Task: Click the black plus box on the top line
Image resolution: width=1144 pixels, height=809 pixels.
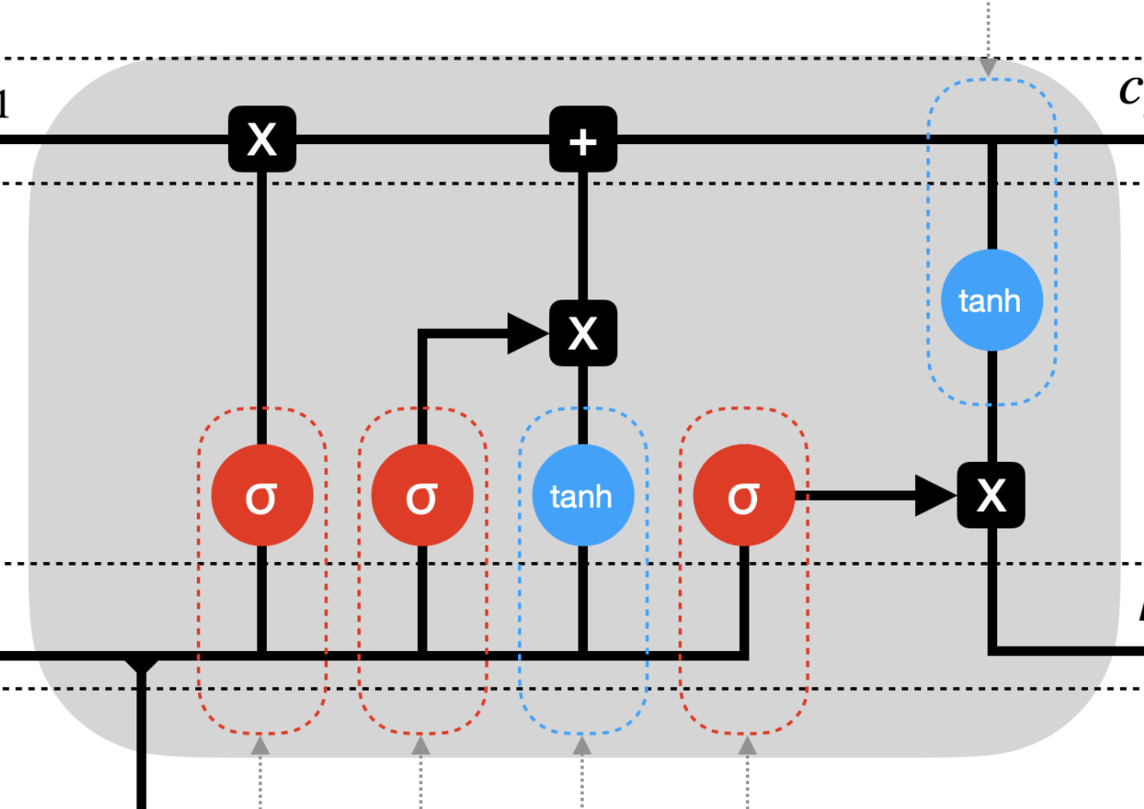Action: (584, 139)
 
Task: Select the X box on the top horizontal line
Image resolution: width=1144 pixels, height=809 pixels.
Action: (262, 139)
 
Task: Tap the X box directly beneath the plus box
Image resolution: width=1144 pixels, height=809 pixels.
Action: (584, 332)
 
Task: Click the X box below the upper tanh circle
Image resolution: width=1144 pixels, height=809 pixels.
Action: (991, 496)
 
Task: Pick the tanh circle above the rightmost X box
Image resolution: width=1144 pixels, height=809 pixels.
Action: (991, 300)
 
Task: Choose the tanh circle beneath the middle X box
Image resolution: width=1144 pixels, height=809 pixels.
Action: (584, 496)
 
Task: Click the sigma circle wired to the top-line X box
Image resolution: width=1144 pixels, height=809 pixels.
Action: (262, 496)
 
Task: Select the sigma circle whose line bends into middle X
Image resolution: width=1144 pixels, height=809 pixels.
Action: (422, 496)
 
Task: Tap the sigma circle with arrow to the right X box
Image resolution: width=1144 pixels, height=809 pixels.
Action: (743, 496)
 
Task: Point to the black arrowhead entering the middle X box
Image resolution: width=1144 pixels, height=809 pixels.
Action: (529, 332)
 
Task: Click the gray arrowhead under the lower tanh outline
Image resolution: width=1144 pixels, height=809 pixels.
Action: (583, 745)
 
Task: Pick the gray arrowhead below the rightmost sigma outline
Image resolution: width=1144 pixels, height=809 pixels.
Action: (748, 745)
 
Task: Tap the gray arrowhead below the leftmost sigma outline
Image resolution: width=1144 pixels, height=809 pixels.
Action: (260, 745)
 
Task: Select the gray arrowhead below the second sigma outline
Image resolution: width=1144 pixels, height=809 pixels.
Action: (420, 745)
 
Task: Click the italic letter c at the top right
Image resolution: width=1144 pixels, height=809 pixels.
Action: (1130, 90)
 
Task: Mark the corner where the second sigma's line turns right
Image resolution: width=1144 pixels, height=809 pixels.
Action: (422, 332)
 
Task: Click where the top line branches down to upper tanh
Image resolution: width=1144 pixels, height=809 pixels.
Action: (992, 141)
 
